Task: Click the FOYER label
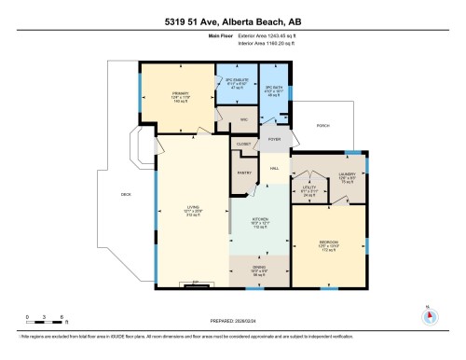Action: (x=274, y=139)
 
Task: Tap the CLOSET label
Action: (x=244, y=145)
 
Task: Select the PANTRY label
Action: (x=245, y=173)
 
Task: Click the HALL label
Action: (x=275, y=168)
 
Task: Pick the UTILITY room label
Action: (x=308, y=192)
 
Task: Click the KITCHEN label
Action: (x=261, y=220)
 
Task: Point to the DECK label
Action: (x=126, y=194)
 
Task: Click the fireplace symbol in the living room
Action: (x=196, y=283)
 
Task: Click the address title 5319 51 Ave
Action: (x=233, y=20)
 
